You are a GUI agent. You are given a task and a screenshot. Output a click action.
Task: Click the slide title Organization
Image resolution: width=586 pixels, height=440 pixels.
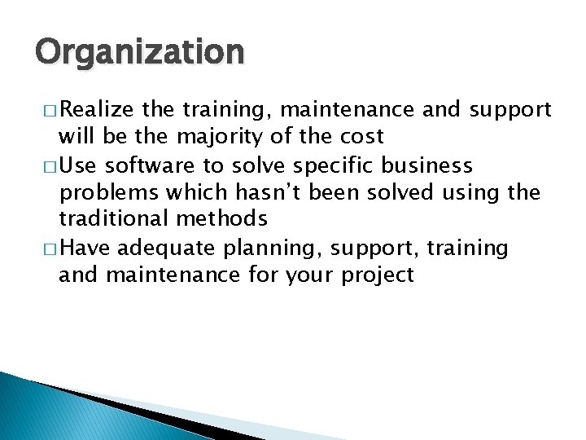(139, 53)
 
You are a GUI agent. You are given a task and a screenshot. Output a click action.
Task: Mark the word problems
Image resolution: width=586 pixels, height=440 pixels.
(103, 193)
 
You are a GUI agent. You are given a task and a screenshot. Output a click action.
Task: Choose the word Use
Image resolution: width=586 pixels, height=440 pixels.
(78, 166)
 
